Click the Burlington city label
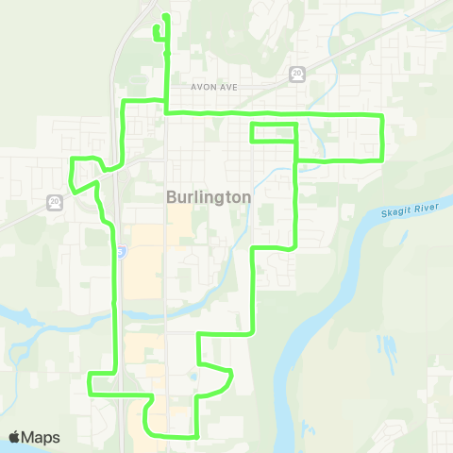208,197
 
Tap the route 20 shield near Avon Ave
297,73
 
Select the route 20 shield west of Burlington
54,201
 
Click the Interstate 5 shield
123,252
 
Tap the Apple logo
14,437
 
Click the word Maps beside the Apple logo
42,438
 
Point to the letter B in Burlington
171,197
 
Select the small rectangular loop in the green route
274,133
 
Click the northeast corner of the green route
381,114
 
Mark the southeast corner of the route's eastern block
381,159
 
